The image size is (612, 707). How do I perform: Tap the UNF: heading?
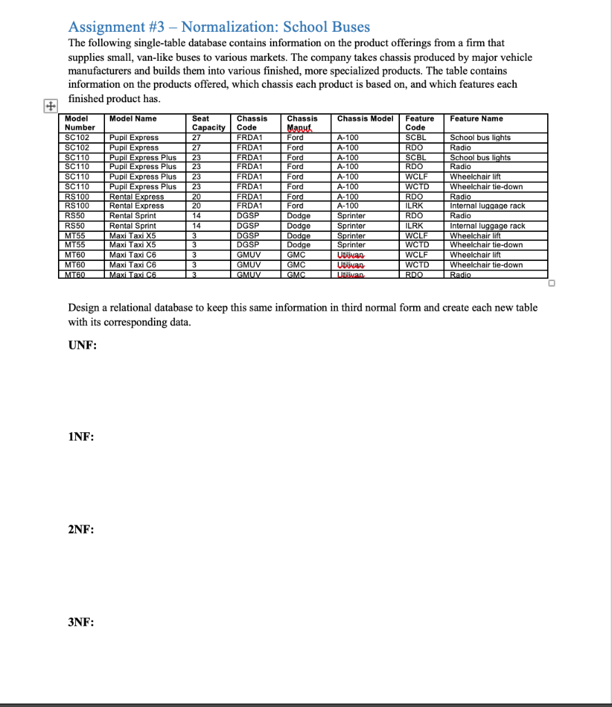tap(82, 346)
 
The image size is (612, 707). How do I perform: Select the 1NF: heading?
tap(81, 437)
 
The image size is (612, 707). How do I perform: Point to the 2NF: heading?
tap(81, 529)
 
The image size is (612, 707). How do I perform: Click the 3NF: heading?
tap(81, 621)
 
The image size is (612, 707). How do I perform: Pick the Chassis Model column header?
tap(365, 119)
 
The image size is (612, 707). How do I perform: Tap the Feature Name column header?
tap(477, 119)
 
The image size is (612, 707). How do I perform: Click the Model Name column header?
tap(133, 119)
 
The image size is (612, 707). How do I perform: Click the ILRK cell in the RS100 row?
tap(414, 205)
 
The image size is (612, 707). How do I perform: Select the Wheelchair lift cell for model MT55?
tap(476, 235)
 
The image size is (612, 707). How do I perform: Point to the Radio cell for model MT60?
tap(460, 274)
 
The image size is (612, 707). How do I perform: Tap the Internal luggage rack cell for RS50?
tap(487, 226)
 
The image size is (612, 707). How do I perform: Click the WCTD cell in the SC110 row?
tap(417, 186)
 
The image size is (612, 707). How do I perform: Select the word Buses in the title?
tap(348, 27)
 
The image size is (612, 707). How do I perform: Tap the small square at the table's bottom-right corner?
tap(552, 283)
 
